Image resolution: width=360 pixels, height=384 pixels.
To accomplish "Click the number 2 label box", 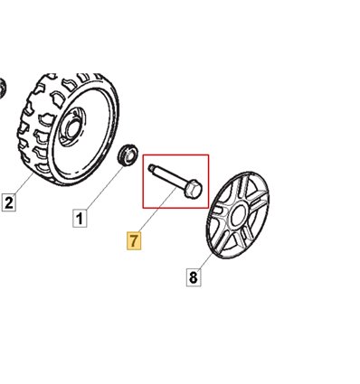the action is (9, 202).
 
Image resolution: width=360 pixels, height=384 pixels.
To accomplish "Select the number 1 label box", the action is (80, 219).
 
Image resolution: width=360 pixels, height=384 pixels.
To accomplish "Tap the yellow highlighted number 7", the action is (134, 240).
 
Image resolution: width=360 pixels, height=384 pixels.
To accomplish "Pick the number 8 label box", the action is (194, 276).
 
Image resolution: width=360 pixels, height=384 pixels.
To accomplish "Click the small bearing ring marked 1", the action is (128, 155).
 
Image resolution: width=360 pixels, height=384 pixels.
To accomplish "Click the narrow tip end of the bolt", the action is (151, 167).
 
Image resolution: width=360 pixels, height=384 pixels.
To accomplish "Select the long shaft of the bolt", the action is (169, 177).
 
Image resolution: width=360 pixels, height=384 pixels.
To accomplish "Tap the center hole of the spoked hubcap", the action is (240, 214).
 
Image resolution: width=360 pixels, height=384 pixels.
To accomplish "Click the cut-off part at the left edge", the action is (3, 89).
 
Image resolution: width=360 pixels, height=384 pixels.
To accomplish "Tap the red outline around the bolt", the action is (175, 155).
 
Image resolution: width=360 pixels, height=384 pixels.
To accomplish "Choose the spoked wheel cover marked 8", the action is (238, 215).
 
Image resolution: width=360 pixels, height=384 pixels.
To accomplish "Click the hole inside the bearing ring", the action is (130, 155).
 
